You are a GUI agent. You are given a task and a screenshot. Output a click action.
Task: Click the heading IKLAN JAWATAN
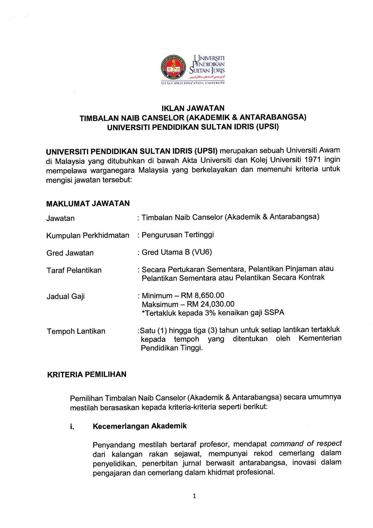click(x=193, y=108)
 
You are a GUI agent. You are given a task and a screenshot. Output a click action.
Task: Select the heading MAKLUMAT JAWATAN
click(x=88, y=204)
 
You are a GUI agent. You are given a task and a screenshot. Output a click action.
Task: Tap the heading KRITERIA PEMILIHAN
click(x=87, y=374)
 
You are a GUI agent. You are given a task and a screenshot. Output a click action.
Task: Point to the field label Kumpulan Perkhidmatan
click(x=88, y=235)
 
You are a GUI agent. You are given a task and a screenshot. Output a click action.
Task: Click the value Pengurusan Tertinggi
click(x=177, y=235)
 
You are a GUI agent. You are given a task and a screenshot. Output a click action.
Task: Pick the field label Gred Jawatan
click(x=70, y=253)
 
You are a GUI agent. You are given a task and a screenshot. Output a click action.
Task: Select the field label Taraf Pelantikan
click(x=74, y=270)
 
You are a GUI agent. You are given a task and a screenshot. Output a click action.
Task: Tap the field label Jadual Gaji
click(x=66, y=297)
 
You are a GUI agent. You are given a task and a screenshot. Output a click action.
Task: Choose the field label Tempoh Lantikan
click(x=76, y=331)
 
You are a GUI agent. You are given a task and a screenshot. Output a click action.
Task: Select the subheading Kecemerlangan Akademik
click(x=140, y=426)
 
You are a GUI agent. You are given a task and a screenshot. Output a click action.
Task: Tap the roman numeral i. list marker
click(x=72, y=427)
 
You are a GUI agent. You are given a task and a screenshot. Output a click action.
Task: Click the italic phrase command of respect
click(x=306, y=443)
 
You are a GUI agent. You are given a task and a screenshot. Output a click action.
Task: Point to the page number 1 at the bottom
click(x=194, y=496)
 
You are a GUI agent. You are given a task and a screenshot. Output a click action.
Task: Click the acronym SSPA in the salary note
click(x=274, y=312)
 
